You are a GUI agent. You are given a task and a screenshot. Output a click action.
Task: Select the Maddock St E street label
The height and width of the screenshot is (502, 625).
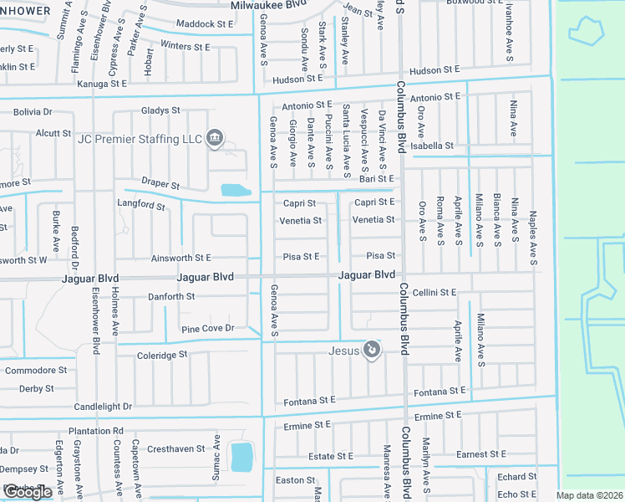205,25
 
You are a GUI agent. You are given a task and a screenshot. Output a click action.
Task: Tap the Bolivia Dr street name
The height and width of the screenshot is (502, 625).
32,111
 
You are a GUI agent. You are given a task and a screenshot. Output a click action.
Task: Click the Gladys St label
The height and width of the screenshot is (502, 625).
160,110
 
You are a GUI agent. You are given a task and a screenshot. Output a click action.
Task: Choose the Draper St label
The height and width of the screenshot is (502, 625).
160,184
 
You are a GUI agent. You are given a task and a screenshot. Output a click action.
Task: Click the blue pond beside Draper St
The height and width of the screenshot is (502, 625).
235,191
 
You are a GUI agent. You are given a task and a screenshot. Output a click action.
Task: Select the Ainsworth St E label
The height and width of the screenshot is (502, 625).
181,259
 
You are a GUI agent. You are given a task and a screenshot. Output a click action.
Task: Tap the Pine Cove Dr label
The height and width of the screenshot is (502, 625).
207,329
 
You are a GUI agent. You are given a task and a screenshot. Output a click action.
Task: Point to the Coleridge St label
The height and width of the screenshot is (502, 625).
161,356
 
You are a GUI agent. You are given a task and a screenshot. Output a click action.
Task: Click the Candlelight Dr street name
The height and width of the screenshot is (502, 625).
103,406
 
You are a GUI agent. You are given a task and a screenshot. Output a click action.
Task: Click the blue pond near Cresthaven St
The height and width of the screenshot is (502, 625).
241,457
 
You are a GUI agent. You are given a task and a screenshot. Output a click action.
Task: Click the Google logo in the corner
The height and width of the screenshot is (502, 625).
28,492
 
